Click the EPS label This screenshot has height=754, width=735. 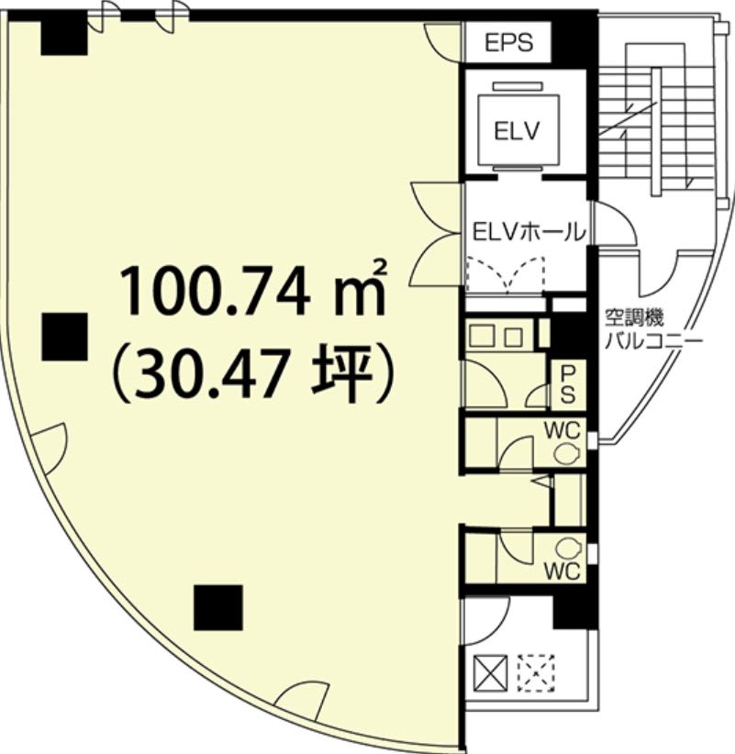point(508,42)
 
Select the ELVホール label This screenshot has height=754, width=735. point(529,233)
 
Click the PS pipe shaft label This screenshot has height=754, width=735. point(568,383)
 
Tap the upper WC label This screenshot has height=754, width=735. point(562,430)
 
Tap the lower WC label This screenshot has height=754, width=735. point(562,571)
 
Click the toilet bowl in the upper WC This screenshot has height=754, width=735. point(567,453)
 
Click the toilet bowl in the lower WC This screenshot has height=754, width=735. point(568,548)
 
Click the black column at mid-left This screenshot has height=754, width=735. point(64,337)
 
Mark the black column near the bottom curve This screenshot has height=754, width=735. point(217,607)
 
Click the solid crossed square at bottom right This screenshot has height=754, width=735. point(491,672)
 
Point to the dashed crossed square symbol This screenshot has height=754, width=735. point(536,672)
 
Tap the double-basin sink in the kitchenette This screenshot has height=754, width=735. point(496,336)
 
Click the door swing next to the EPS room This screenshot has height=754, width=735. point(440,41)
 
